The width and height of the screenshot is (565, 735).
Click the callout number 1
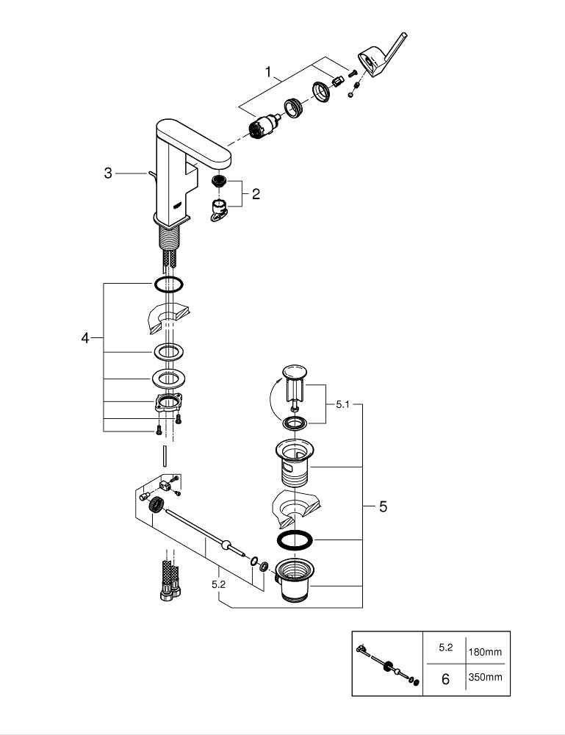click(x=269, y=72)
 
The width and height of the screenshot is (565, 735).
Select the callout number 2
click(x=256, y=194)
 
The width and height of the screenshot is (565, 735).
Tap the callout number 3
click(x=108, y=173)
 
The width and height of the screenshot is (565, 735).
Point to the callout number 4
click(x=85, y=337)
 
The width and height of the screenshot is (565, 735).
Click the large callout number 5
click(x=382, y=506)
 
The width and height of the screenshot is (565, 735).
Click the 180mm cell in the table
click(x=485, y=651)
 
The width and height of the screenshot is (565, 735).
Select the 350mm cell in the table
click(x=485, y=678)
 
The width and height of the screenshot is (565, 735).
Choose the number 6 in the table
click(x=445, y=679)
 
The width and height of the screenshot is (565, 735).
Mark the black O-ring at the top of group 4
click(x=168, y=284)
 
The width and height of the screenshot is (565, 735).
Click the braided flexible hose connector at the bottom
click(x=168, y=581)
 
